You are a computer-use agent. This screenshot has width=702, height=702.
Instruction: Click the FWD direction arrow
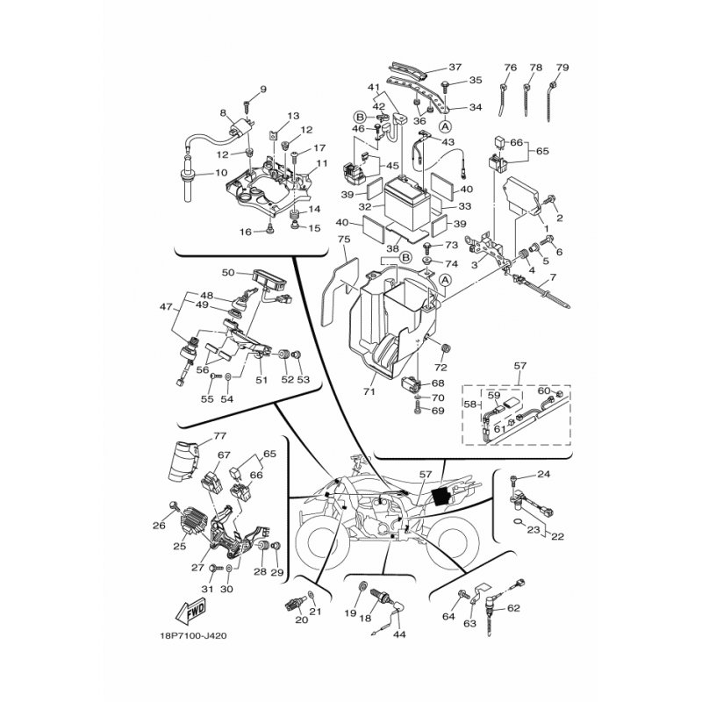[190, 611]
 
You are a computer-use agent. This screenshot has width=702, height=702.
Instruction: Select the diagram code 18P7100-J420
[193, 635]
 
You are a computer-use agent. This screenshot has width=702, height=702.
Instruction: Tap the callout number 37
[455, 68]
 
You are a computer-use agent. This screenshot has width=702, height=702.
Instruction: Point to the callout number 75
[344, 240]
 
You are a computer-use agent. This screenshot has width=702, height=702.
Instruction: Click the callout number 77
[220, 435]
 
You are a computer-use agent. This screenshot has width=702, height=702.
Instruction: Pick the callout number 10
[221, 172]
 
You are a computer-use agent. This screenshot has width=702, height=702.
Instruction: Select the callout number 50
[228, 272]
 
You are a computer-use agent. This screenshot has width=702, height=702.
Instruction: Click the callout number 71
[369, 391]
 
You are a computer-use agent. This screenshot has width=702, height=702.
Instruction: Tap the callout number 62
[514, 608]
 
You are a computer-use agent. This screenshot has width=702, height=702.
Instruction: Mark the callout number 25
[180, 546]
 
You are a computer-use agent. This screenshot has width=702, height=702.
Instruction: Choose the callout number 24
[543, 474]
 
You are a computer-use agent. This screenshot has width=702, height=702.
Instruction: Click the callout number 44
[399, 634]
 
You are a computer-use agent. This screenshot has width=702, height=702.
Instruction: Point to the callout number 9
[262, 90]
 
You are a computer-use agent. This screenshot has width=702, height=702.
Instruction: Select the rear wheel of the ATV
[452, 544]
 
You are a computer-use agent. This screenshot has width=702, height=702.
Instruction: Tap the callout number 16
[246, 232]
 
